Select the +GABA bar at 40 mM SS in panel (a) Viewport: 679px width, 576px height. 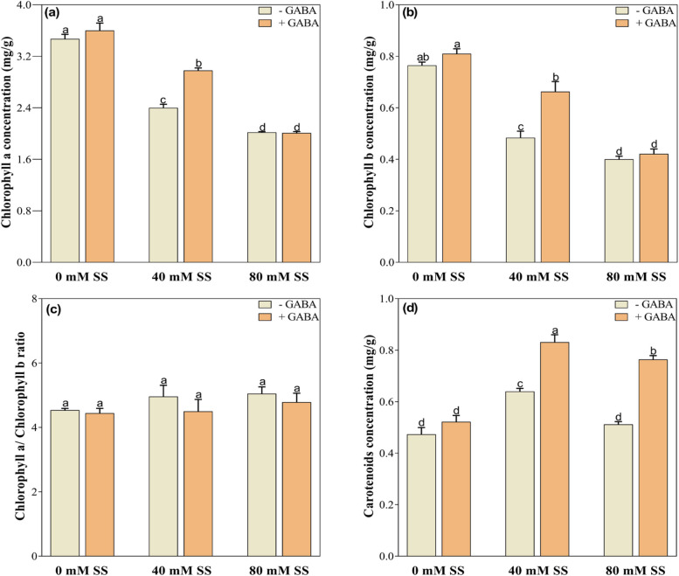click(x=197, y=166)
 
